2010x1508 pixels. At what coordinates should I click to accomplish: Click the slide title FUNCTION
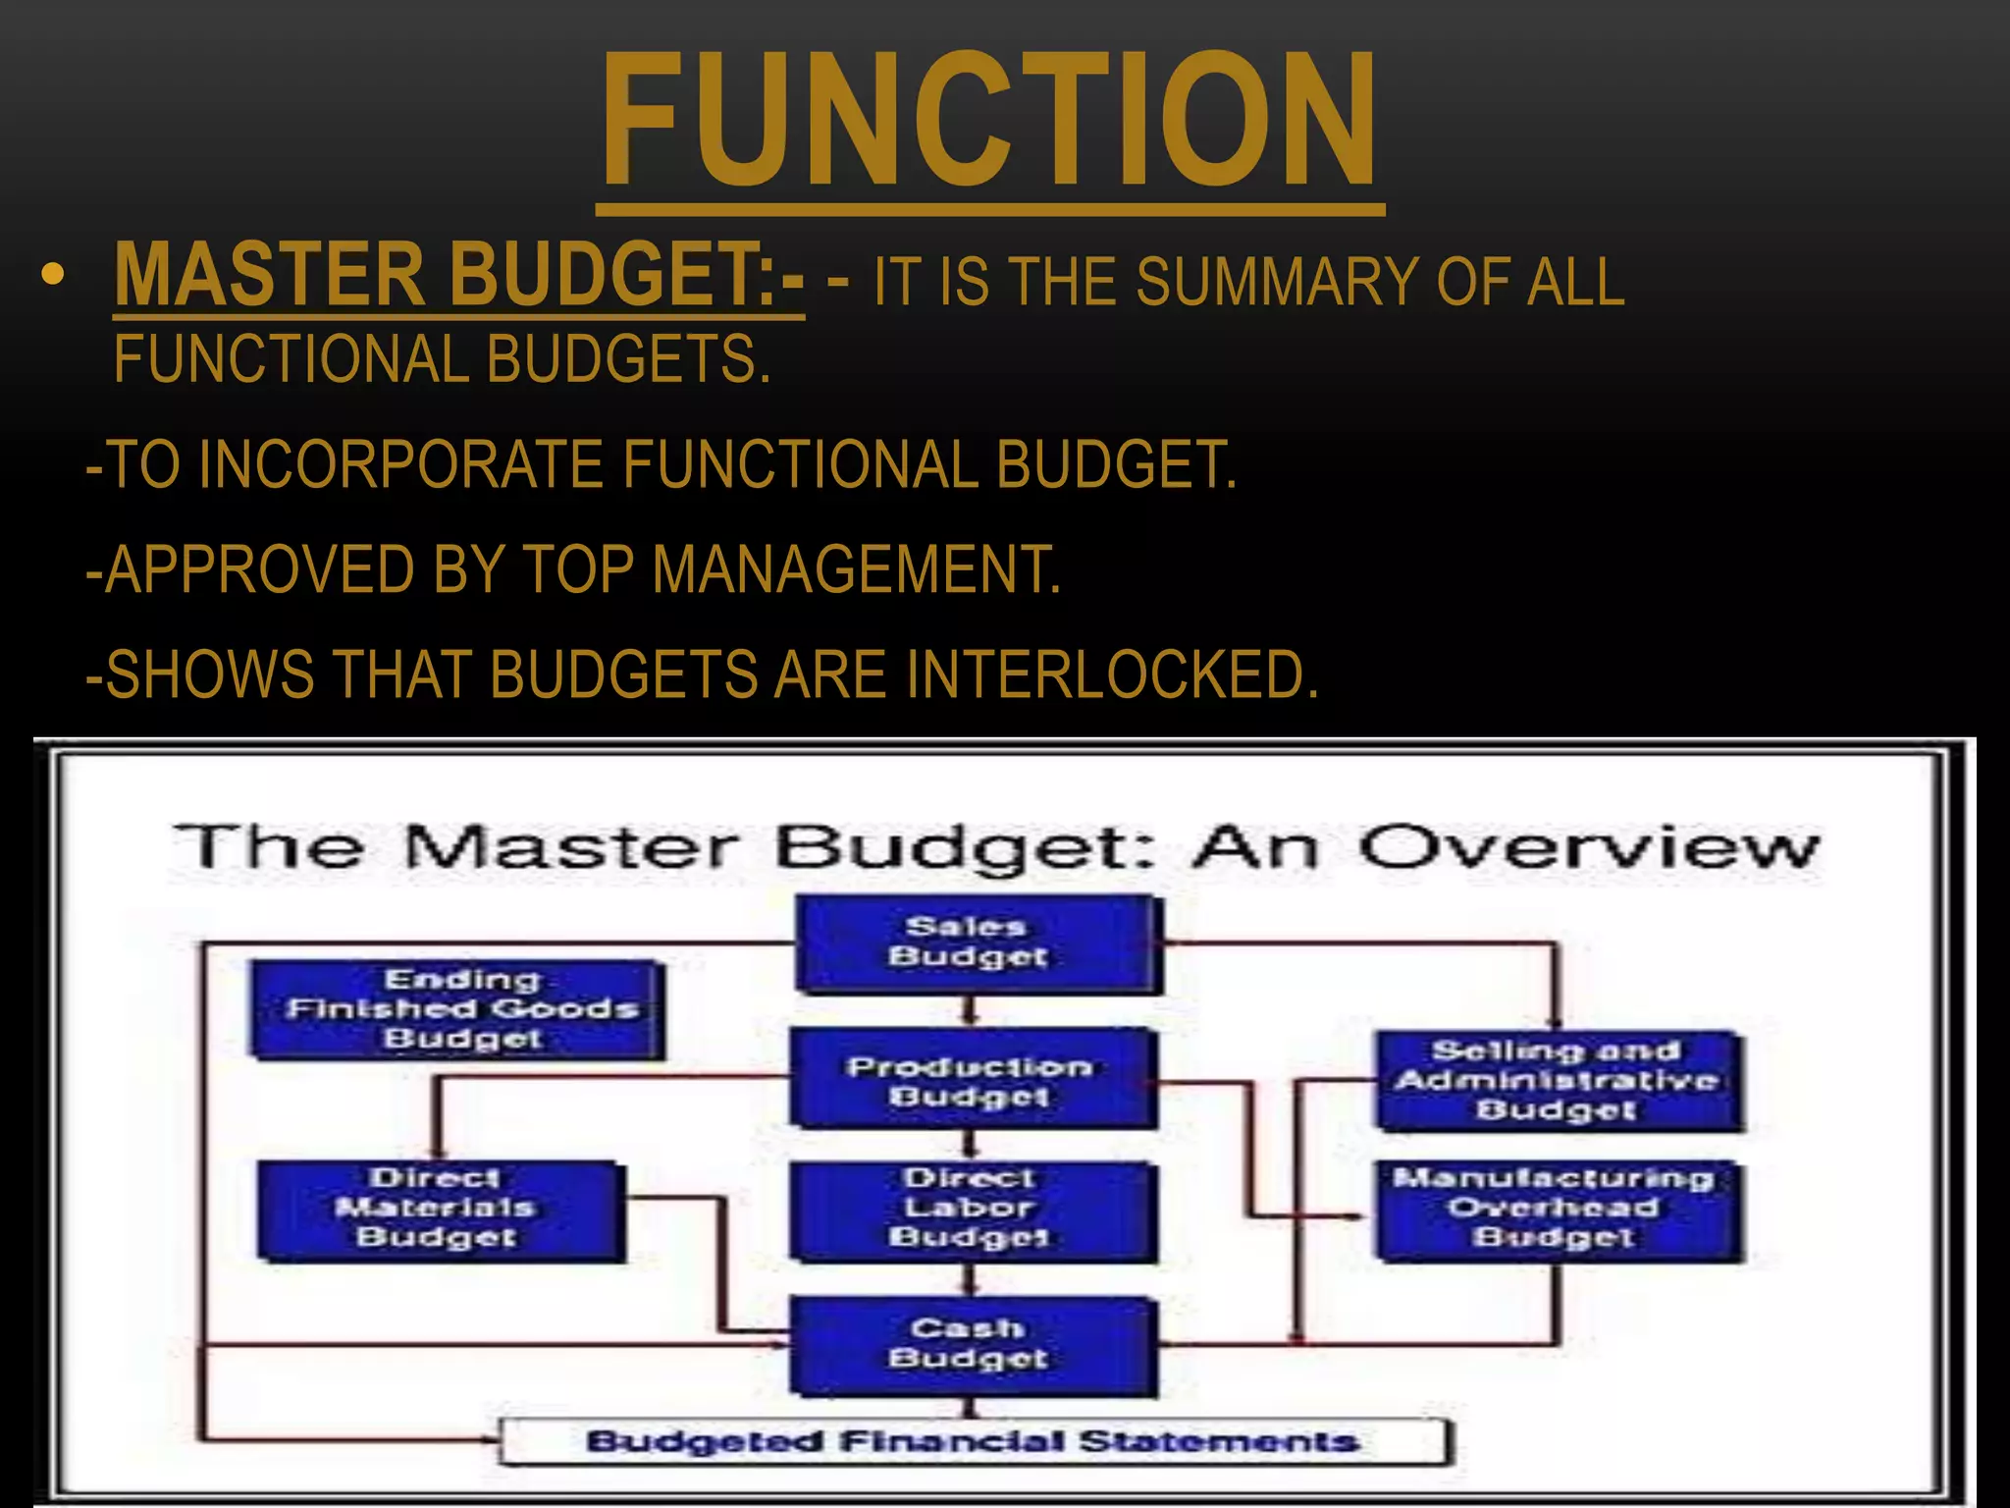(x=989, y=120)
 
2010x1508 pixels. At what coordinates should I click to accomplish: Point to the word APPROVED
(x=259, y=569)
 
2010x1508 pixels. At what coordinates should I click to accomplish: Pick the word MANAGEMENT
(x=856, y=569)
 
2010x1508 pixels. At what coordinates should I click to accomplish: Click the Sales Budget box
(x=976, y=942)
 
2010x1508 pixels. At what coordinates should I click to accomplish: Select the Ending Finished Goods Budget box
(x=458, y=1009)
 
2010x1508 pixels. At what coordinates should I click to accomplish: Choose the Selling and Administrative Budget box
(x=1558, y=1080)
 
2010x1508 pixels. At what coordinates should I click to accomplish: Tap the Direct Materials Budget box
(x=439, y=1210)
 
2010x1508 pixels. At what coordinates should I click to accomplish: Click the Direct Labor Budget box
(x=972, y=1210)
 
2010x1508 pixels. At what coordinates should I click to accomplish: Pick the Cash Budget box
(x=972, y=1345)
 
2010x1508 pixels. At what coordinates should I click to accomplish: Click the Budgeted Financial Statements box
(x=975, y=1441)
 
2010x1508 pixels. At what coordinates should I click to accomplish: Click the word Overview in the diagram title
(x=1588, y=846)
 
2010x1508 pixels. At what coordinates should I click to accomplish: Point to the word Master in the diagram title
(x=569, y=846)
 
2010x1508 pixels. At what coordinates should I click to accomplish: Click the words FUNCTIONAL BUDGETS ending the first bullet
(x=442, y=359)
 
